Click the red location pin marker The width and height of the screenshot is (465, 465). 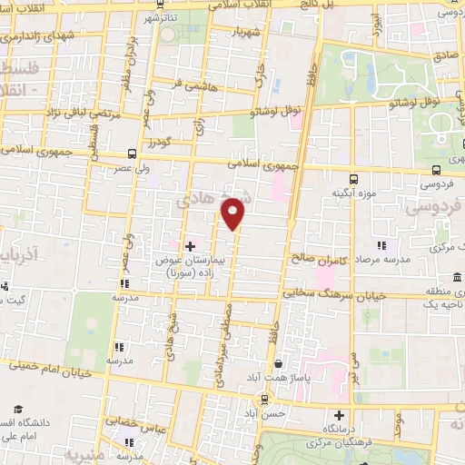[233, 214]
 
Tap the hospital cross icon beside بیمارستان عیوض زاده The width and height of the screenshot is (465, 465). [191, 246]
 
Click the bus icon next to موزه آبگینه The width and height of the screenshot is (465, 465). [354, 178]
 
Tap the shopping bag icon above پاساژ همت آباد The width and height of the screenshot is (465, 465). [289, 361]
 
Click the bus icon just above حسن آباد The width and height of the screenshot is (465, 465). [264, 399]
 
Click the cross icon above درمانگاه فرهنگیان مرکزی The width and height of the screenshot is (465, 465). [339, 414]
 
